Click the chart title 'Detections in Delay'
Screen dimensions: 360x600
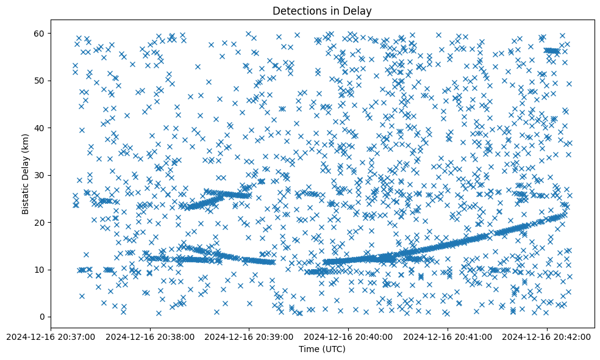coord(322,11)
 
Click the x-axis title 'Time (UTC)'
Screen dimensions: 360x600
coord(322,349)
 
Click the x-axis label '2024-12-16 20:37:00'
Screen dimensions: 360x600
coord(51,336)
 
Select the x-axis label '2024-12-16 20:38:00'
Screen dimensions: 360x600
coord(150,336)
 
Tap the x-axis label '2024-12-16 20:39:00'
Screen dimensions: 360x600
coord(249,336)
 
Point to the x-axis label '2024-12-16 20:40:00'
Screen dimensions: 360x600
coord(349,336)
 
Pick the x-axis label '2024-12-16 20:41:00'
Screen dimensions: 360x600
coord(448,336)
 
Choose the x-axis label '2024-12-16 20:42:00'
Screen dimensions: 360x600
coord(547,336)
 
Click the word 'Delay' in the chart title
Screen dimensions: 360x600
coord(359,11)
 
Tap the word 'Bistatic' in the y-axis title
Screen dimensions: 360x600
coord(26,192)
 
